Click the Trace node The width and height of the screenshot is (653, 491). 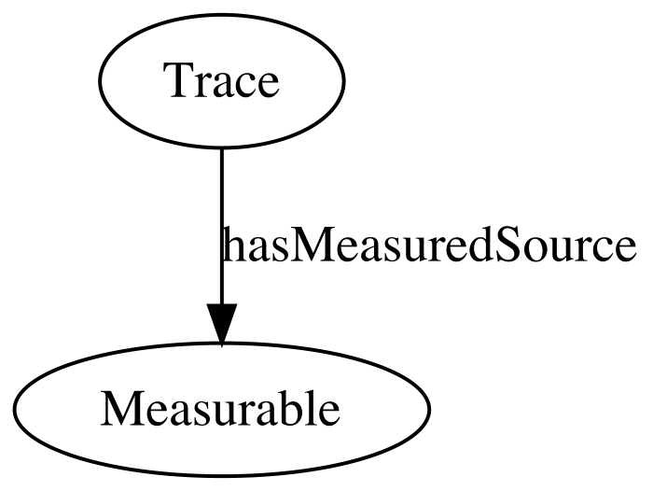click(x=222, y=80)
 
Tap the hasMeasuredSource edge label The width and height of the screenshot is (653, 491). click(x=429, y=245)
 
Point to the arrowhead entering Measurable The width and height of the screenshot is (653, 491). click(x=222, y=324)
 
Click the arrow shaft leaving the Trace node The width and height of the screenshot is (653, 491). click(x=222, y=226)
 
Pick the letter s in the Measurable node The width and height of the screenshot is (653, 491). click(x=199, y=414)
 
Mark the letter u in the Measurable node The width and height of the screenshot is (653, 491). click(x=219, y=414)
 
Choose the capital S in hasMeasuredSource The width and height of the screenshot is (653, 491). click(x=507, y=245)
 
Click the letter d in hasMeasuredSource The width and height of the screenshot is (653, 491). click(x=480, y=245)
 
